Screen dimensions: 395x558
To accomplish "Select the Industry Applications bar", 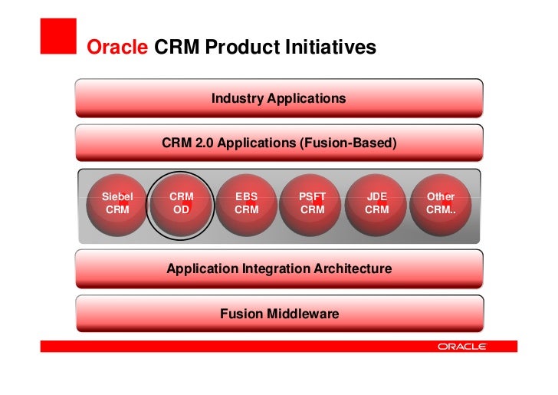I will (279, 98).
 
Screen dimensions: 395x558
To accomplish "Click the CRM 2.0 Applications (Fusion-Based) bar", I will (279, 143).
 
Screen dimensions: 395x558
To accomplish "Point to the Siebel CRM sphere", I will (117, 203).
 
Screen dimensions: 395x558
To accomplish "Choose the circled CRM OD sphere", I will (181, 203).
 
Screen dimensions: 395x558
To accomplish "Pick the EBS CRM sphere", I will (246, 203).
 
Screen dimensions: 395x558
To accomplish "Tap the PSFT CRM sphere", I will (312, 203).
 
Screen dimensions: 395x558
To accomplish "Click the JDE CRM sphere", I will (377, 203).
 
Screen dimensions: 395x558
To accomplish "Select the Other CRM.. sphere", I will (441, 203).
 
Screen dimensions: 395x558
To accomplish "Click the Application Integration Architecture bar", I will (279, 269).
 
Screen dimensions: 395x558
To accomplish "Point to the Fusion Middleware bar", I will (279, 314).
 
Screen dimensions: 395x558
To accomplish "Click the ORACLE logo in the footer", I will (461, 347).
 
